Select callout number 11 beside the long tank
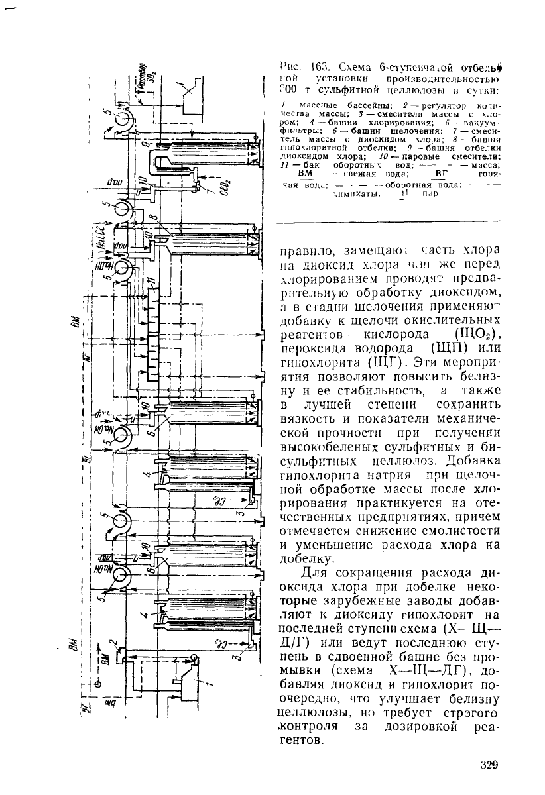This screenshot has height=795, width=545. point(152,280)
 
